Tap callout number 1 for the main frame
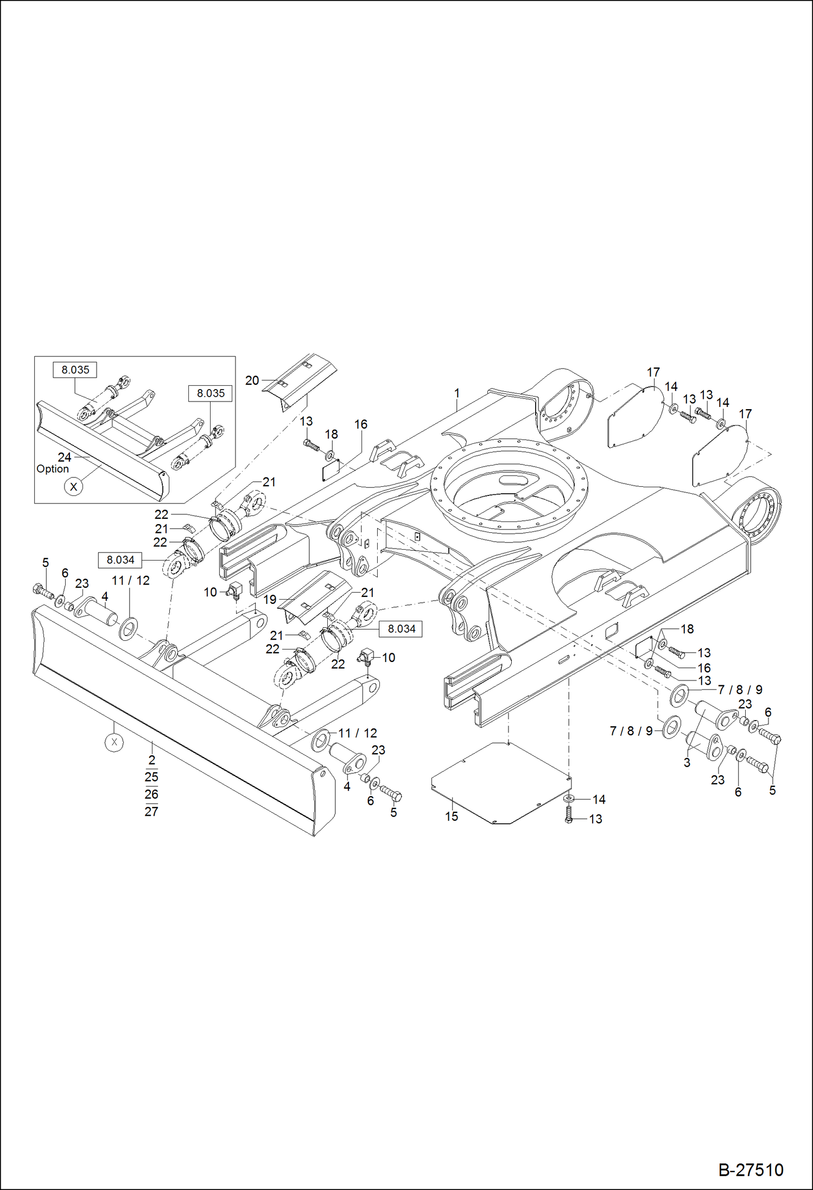coord(457,392)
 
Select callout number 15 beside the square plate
coord(452,816)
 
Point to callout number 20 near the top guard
coord(252,380)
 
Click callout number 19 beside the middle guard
coord(270,600)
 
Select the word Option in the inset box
coord(53,469)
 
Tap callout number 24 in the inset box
coord(65,457)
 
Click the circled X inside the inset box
coord(73,487)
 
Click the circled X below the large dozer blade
coord(114,742)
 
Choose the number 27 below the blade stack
coord(151,811)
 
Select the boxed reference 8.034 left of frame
coord(120,559)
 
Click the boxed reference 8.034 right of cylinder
coord(402,629)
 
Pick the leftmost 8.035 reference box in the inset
coord(75,370)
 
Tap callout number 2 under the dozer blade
coord(151,760)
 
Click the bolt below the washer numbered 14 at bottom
coord(569,815)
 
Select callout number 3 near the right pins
coord(687,762)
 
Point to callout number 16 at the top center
coord(361,424)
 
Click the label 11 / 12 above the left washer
coord(130,581)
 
